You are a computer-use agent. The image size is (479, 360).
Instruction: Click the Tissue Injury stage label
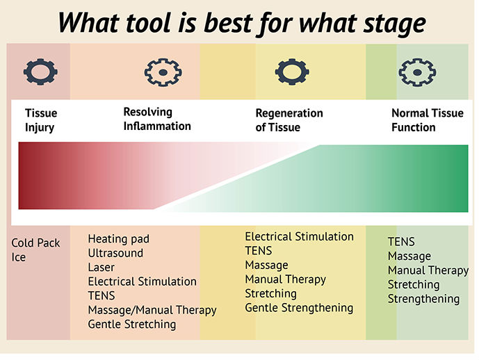pos(41,120)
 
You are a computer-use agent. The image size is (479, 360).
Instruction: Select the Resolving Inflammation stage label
pos(157,119)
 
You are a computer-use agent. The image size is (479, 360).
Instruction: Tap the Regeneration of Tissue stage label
pos(289,120)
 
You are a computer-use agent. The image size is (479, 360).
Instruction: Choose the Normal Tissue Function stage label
pos(428,120)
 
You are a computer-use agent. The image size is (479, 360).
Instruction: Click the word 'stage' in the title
pos(394,23)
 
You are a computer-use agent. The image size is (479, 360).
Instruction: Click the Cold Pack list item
pos(35,243)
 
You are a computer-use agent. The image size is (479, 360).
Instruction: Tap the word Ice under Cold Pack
pos(19,257)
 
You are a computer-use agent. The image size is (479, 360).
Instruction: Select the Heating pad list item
pos(118,239)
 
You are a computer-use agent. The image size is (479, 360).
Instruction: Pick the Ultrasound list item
pos(115,253)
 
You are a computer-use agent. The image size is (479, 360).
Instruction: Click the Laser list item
pos(101,267)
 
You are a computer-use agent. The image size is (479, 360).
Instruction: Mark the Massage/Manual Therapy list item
pos(152,310)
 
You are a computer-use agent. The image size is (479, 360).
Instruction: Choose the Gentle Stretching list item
pos(132,325)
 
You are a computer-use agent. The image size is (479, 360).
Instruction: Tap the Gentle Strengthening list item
pos(299,308)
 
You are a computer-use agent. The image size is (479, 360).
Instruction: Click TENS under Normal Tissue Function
pos(401,242)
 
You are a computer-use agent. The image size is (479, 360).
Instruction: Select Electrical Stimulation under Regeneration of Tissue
pos(300,237)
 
